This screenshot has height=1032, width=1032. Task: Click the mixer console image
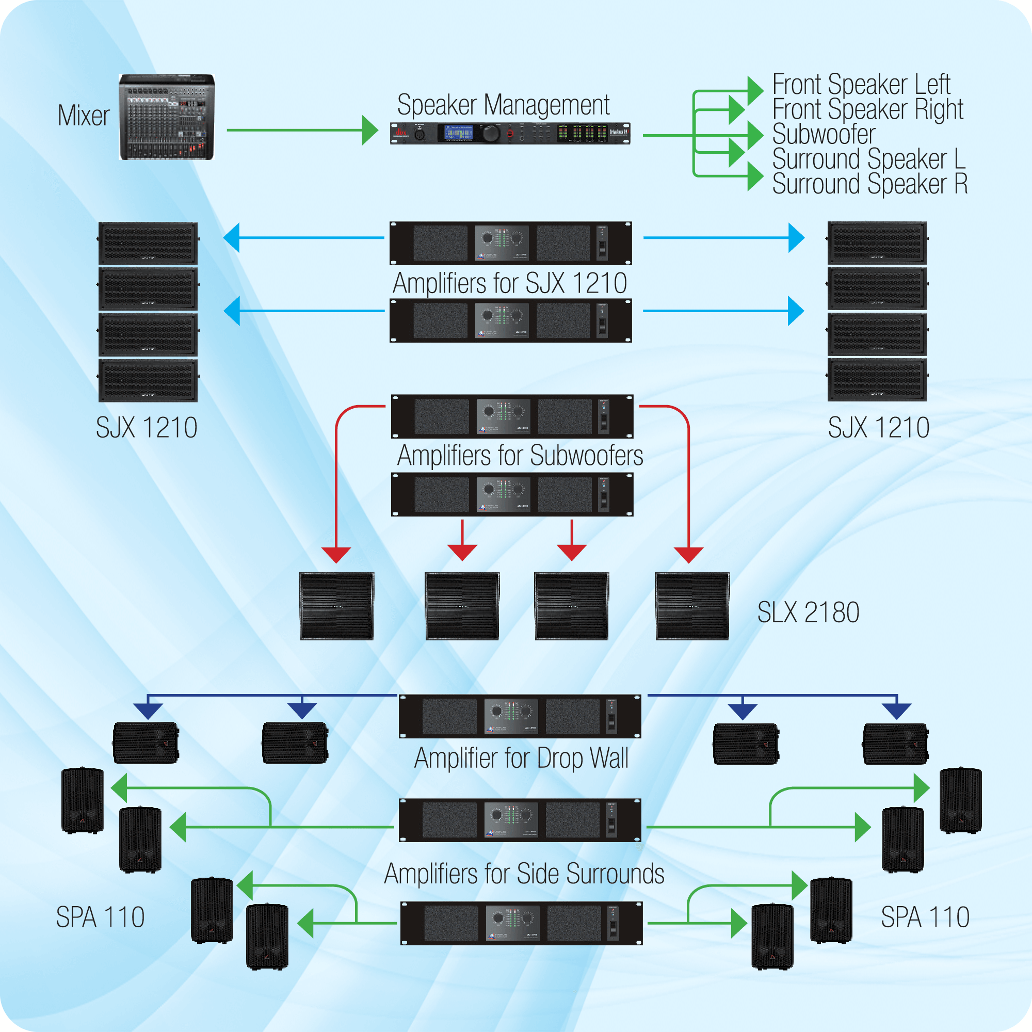click(167, 117)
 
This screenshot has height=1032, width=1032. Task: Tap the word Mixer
click(84, 116)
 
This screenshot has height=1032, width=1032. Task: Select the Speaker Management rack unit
click(510, 133)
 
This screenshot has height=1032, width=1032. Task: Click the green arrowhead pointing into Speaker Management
click(369, 130)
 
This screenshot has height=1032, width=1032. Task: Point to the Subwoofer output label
click(824, 134)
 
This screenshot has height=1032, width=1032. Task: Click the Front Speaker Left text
click(861, 85)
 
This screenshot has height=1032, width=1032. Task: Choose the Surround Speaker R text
click(870, 184)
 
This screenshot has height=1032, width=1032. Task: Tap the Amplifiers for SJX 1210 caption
click(510, 283)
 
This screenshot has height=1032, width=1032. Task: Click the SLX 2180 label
click(808, 612)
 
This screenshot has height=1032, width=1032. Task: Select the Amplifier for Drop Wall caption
click(521, 759)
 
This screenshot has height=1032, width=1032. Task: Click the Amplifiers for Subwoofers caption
click(520, 456)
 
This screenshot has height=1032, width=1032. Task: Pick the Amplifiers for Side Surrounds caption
click(524, 875)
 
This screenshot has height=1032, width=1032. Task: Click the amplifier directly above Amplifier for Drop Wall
click(520, 716)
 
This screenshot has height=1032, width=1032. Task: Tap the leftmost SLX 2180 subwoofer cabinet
click(336, 606)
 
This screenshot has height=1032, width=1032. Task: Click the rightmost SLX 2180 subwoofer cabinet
click(692, 606)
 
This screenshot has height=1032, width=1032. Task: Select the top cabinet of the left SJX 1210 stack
click(148, 243)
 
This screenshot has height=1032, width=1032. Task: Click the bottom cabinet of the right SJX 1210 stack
click(877, 380)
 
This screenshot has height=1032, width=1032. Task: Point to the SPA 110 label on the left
click(101, 917)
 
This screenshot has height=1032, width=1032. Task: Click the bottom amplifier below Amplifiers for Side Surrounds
click(521, 924)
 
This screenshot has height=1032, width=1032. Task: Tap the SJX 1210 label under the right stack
click(879, 427)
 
